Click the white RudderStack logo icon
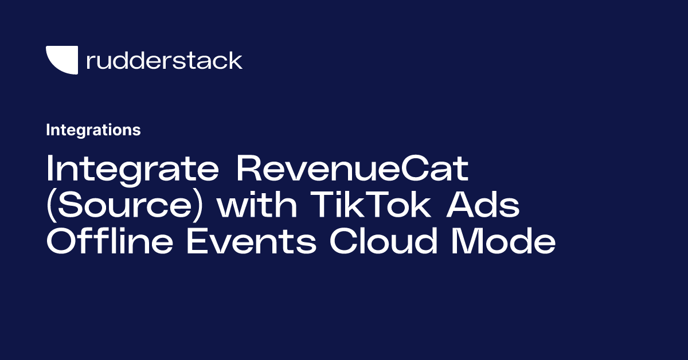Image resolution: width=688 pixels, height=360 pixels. (61, 60)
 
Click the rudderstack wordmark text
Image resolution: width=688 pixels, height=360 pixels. (164, 60)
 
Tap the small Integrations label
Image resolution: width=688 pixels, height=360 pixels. (93, 130)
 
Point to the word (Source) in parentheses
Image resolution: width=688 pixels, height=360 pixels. (126, 207)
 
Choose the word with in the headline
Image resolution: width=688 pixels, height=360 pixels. (257, 207)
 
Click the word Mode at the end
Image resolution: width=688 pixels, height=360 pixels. (504, 242)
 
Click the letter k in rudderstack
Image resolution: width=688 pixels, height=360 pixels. (236, 60)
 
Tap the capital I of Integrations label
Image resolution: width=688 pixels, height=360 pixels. (48, 130)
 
